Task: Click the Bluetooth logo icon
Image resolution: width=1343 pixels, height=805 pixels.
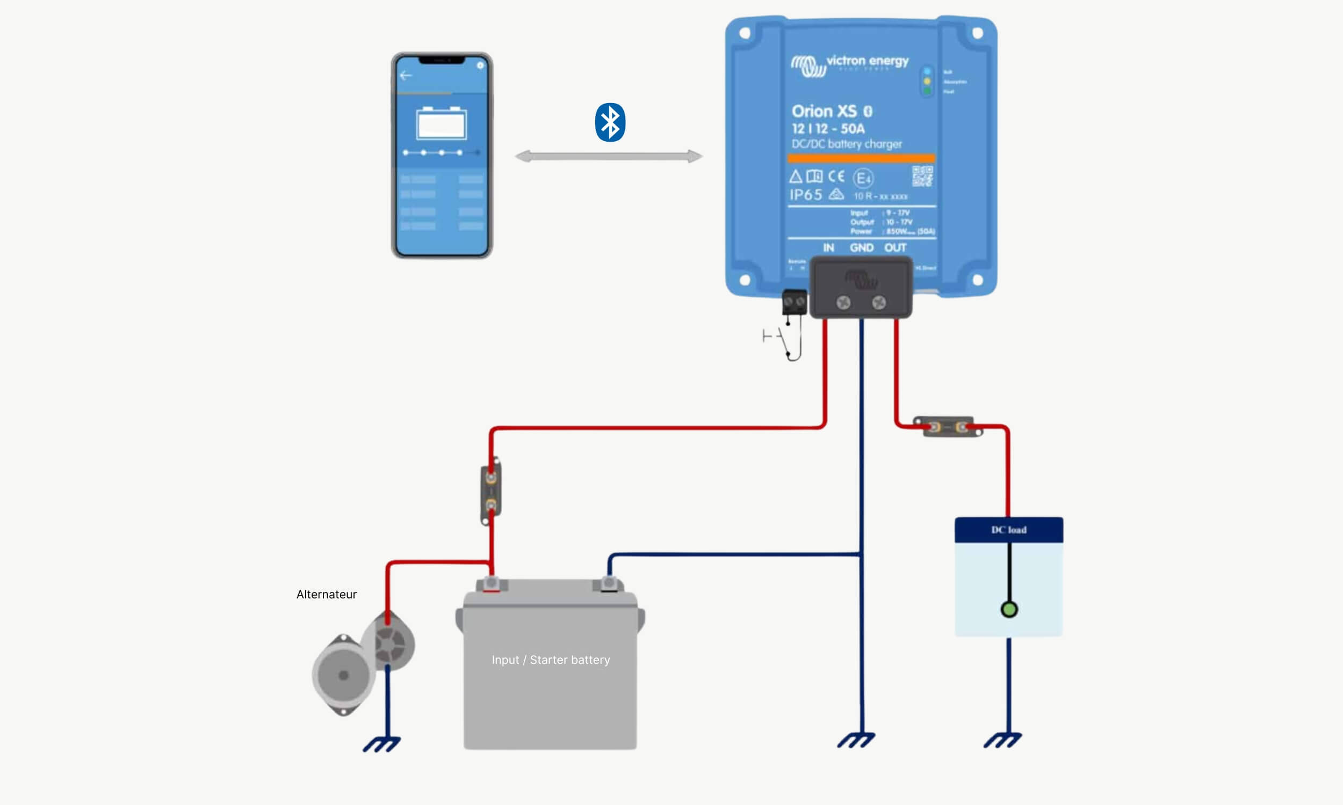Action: pos(610,122)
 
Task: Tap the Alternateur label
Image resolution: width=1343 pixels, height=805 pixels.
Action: pos(326,595)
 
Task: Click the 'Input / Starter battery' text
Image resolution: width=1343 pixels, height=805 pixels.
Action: pos(551,660)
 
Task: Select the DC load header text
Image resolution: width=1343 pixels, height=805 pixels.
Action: pos(1009,530)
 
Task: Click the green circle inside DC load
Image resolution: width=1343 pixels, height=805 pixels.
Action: pos(1009,610)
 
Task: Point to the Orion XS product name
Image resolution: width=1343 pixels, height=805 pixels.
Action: pos(824,111)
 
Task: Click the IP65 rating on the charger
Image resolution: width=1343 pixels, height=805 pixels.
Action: pos(806,195)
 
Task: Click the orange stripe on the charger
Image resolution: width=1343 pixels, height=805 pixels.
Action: pos(861,158)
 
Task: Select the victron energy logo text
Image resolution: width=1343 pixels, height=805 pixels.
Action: pos(867,61)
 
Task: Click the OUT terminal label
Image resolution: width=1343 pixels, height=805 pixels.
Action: pos(895,248)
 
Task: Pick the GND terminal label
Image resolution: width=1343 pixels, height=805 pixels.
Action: pos(862,248)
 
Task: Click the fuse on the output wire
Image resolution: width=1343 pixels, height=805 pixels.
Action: pos(948,427)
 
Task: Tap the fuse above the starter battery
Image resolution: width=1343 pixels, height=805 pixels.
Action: pos(491,492)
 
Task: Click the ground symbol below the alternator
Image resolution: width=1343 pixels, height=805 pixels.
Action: pos(381,744)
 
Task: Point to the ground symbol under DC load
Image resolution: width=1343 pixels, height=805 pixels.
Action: pos(1002,740)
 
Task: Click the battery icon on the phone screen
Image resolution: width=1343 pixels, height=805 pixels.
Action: pos(442,123)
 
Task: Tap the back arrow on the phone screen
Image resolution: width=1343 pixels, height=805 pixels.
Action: pos(406,75)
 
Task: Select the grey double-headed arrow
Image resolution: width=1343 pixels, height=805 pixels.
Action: pos(609,156)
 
